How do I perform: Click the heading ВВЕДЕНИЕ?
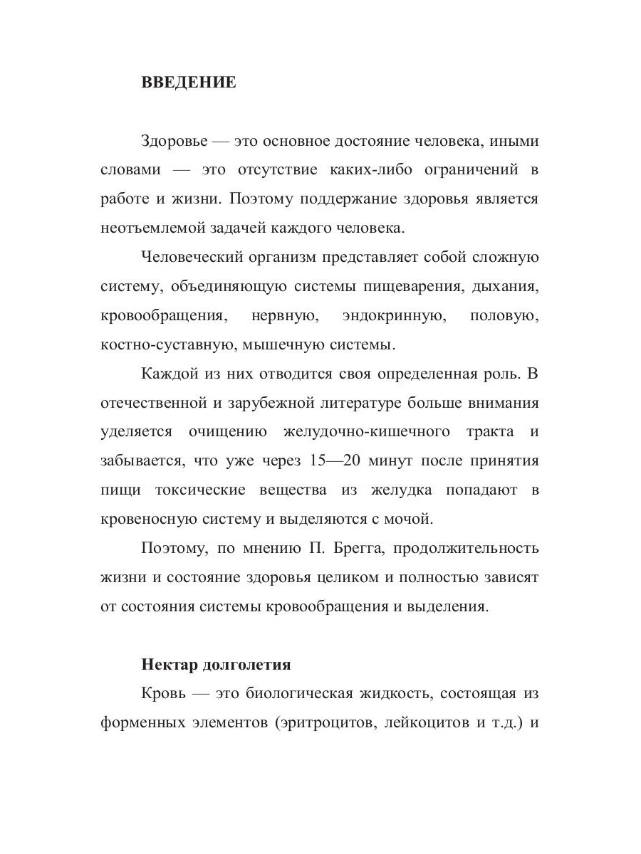click(189, 83)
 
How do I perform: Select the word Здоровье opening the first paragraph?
click(174, 141)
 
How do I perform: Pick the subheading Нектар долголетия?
click(216, 665)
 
